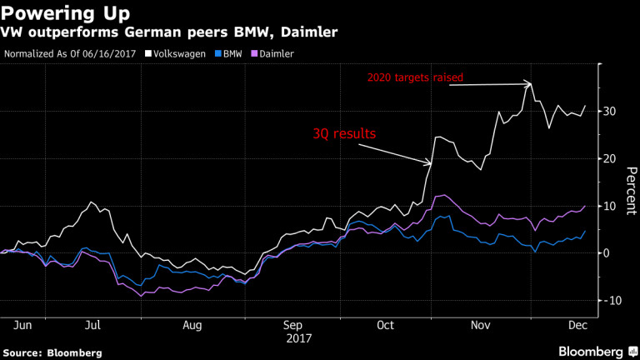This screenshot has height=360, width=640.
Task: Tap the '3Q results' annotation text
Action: coord(342,132)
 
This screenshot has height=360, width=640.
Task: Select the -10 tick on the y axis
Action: coord(613,300)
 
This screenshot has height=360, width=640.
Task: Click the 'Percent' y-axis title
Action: coord(631,192)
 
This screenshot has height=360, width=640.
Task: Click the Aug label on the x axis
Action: coord(193,325)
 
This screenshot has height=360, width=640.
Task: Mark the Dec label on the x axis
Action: coord(577,325)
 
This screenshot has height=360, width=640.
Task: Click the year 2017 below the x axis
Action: coord(298,338)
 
